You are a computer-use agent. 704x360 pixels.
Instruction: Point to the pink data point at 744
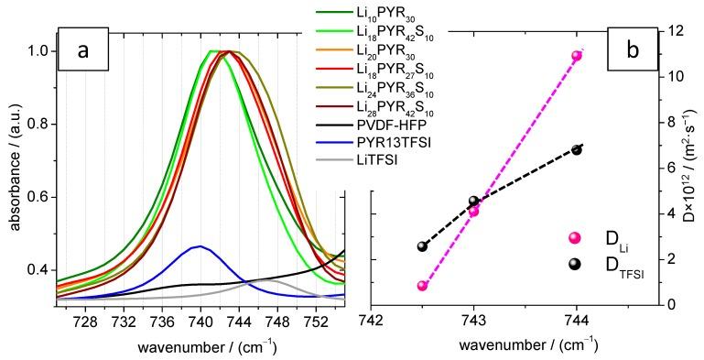pos(577,56)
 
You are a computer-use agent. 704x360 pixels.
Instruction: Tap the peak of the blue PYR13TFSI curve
pos(200,246)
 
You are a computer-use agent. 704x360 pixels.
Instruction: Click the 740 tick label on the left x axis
pos(200,322)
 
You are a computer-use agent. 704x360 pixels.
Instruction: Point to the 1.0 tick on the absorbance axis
pos(41,51)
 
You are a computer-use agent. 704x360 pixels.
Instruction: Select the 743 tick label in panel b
pos(473,322)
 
